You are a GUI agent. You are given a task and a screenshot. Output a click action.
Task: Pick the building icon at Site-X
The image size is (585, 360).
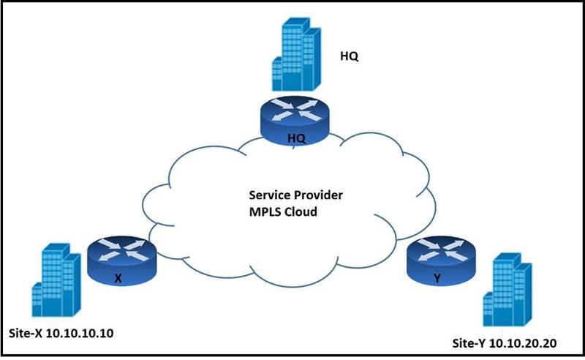point(56,277)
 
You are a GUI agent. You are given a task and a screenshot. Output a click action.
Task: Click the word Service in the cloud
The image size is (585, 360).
point(268,196)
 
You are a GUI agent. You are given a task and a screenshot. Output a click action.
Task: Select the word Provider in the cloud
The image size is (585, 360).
point(315,196)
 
